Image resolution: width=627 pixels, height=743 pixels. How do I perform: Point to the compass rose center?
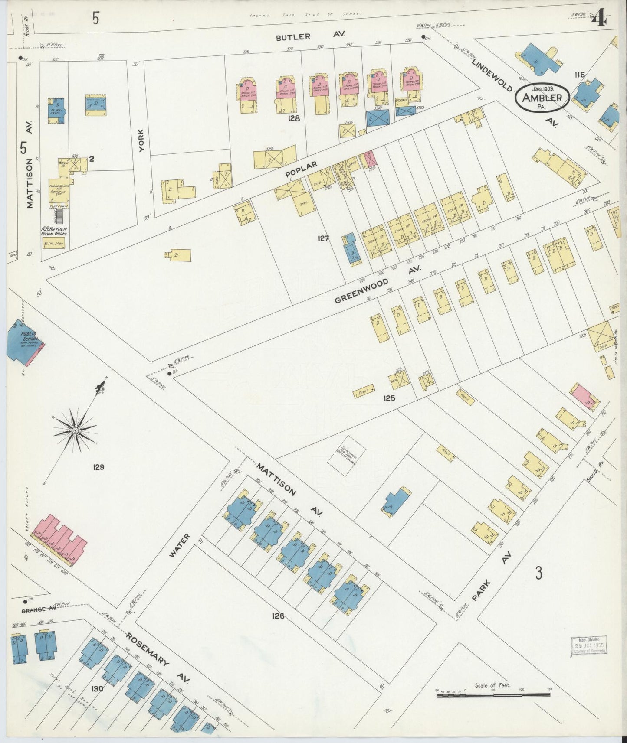75,430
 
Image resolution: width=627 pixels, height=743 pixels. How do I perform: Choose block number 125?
389,397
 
